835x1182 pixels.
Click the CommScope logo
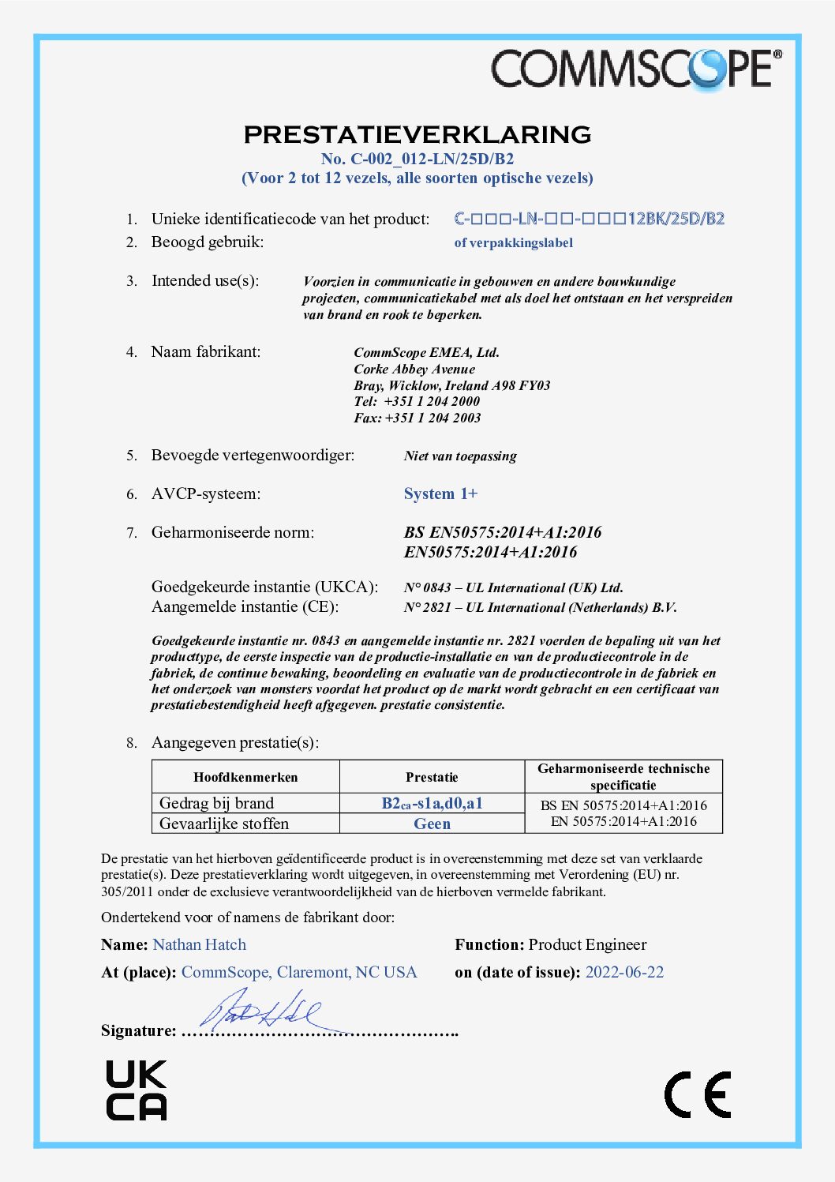pos(636,69)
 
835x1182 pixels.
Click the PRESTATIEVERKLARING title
pos(417,134)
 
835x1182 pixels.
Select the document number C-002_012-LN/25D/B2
pos(417,159)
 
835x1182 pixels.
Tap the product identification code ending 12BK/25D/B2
pos(589,219)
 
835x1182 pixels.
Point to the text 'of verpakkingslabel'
pos(513,243)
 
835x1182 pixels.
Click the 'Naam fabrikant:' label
pos(205,352)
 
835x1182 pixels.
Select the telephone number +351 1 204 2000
pos(432,401)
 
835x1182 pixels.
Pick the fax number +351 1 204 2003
pos(432,418)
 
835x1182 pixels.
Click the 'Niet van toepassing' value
pos(460,456)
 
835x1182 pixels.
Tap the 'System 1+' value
pos(440,494)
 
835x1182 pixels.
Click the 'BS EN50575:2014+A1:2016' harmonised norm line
pos(503,532)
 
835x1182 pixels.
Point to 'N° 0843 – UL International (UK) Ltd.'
pos(513,587)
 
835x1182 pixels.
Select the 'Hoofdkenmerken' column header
pos(245,777)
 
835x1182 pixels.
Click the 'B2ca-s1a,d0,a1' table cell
pos(432,803)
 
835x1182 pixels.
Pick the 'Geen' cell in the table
pos(432,824)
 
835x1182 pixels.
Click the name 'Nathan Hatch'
pos(199,944)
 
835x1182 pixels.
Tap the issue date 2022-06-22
pos(624,972)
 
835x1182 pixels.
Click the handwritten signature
pos(260,1011)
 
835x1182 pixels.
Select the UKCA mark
pos(137,1090)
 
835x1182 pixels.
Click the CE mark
pos(698,1094)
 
